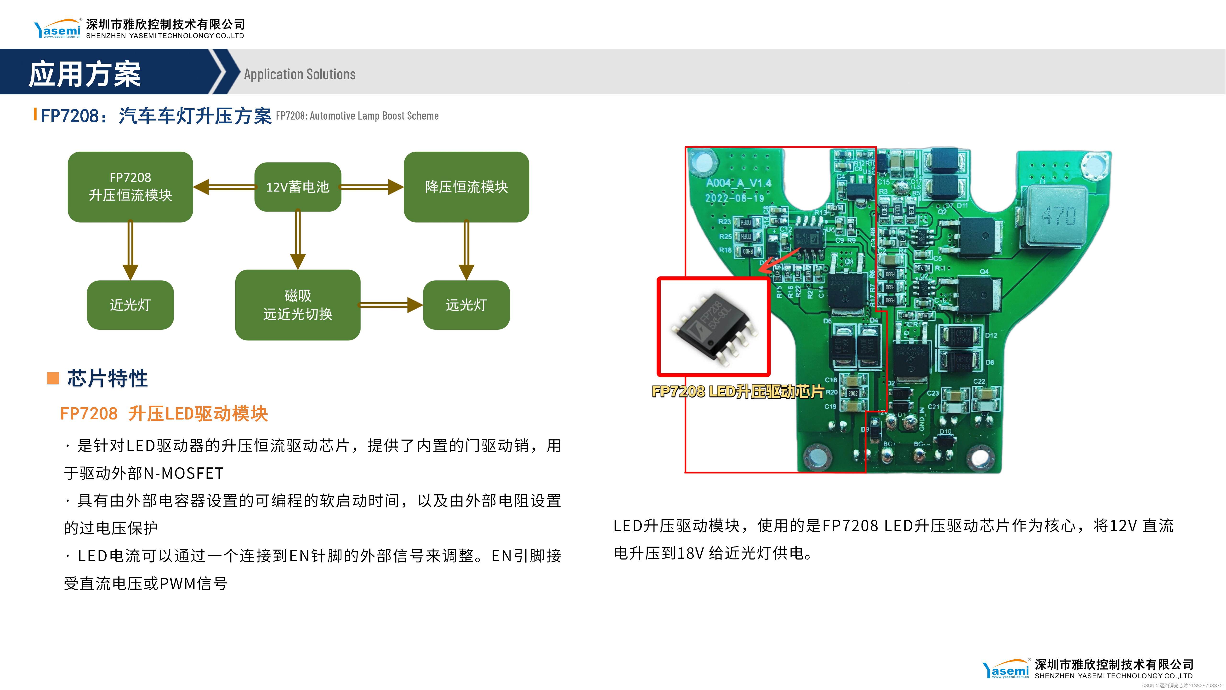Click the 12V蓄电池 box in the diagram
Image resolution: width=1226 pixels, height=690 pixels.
click(297, 187)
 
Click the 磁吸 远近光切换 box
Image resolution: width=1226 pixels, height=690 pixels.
click(297, 305)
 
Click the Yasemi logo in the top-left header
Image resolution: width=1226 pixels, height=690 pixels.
click(57, 29)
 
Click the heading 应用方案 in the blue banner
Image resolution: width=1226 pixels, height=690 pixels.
click(85, 74)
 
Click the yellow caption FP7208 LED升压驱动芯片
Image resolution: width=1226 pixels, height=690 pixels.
click(738, 391)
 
